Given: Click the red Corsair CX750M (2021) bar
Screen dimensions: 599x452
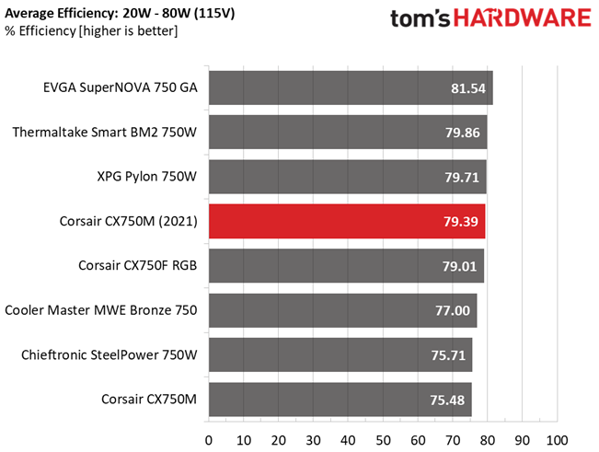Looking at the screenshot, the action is coord(347,221).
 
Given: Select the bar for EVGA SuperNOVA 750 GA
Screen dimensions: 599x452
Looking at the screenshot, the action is coord(351,87).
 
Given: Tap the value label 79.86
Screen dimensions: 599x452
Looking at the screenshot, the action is coord(462,133).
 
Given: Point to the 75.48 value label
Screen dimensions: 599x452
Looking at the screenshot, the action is coord(447,400).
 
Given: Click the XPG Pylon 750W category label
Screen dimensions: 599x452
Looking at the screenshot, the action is coord(146,177).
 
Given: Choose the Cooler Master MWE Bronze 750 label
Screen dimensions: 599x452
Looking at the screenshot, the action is coord(101,310).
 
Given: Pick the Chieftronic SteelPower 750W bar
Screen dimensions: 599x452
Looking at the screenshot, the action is coord(340,354).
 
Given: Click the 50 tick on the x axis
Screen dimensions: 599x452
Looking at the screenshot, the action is coord(383,440).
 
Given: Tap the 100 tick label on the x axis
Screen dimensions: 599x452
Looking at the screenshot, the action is coord(557,440).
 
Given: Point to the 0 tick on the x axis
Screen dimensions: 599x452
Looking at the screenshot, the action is coord(209,440).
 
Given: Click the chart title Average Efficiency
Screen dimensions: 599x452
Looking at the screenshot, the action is coord(120,14).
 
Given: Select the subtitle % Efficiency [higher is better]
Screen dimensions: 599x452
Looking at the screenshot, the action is coord(91,31).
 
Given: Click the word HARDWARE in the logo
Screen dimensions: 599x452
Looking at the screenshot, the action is coord(523,18).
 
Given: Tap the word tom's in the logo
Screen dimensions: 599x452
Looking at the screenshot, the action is coord(420,18).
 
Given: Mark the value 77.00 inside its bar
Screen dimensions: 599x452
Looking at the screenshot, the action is coord(453,310).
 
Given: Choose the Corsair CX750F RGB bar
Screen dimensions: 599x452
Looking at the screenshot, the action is coord(347,265).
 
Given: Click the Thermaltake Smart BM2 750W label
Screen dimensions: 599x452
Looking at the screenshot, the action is coord(105,133).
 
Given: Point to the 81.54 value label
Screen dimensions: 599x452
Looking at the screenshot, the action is coord(468,88).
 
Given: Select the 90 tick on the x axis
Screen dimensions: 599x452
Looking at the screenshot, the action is coord(523,440).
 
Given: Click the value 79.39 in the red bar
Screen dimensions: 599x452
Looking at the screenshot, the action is coord(461,222).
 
